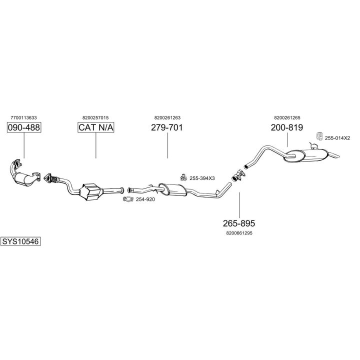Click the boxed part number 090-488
tap(24, 127)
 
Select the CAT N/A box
tap(96, 127)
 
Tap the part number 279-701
tap(167, 127)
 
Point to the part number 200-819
tap(287, 127)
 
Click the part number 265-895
tap(239, 223)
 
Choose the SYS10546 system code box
tap(20, 241)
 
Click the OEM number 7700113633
tap(23, 118)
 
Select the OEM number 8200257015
tap(95, 118)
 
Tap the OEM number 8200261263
tap(167, 118)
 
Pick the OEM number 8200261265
tap(287, 118)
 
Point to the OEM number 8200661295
tap(239, 232)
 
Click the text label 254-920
tap(145, 200)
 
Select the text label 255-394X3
tap(201, 178)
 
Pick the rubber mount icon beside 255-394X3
tap(183, 177)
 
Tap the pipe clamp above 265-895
tap(238, 175)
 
